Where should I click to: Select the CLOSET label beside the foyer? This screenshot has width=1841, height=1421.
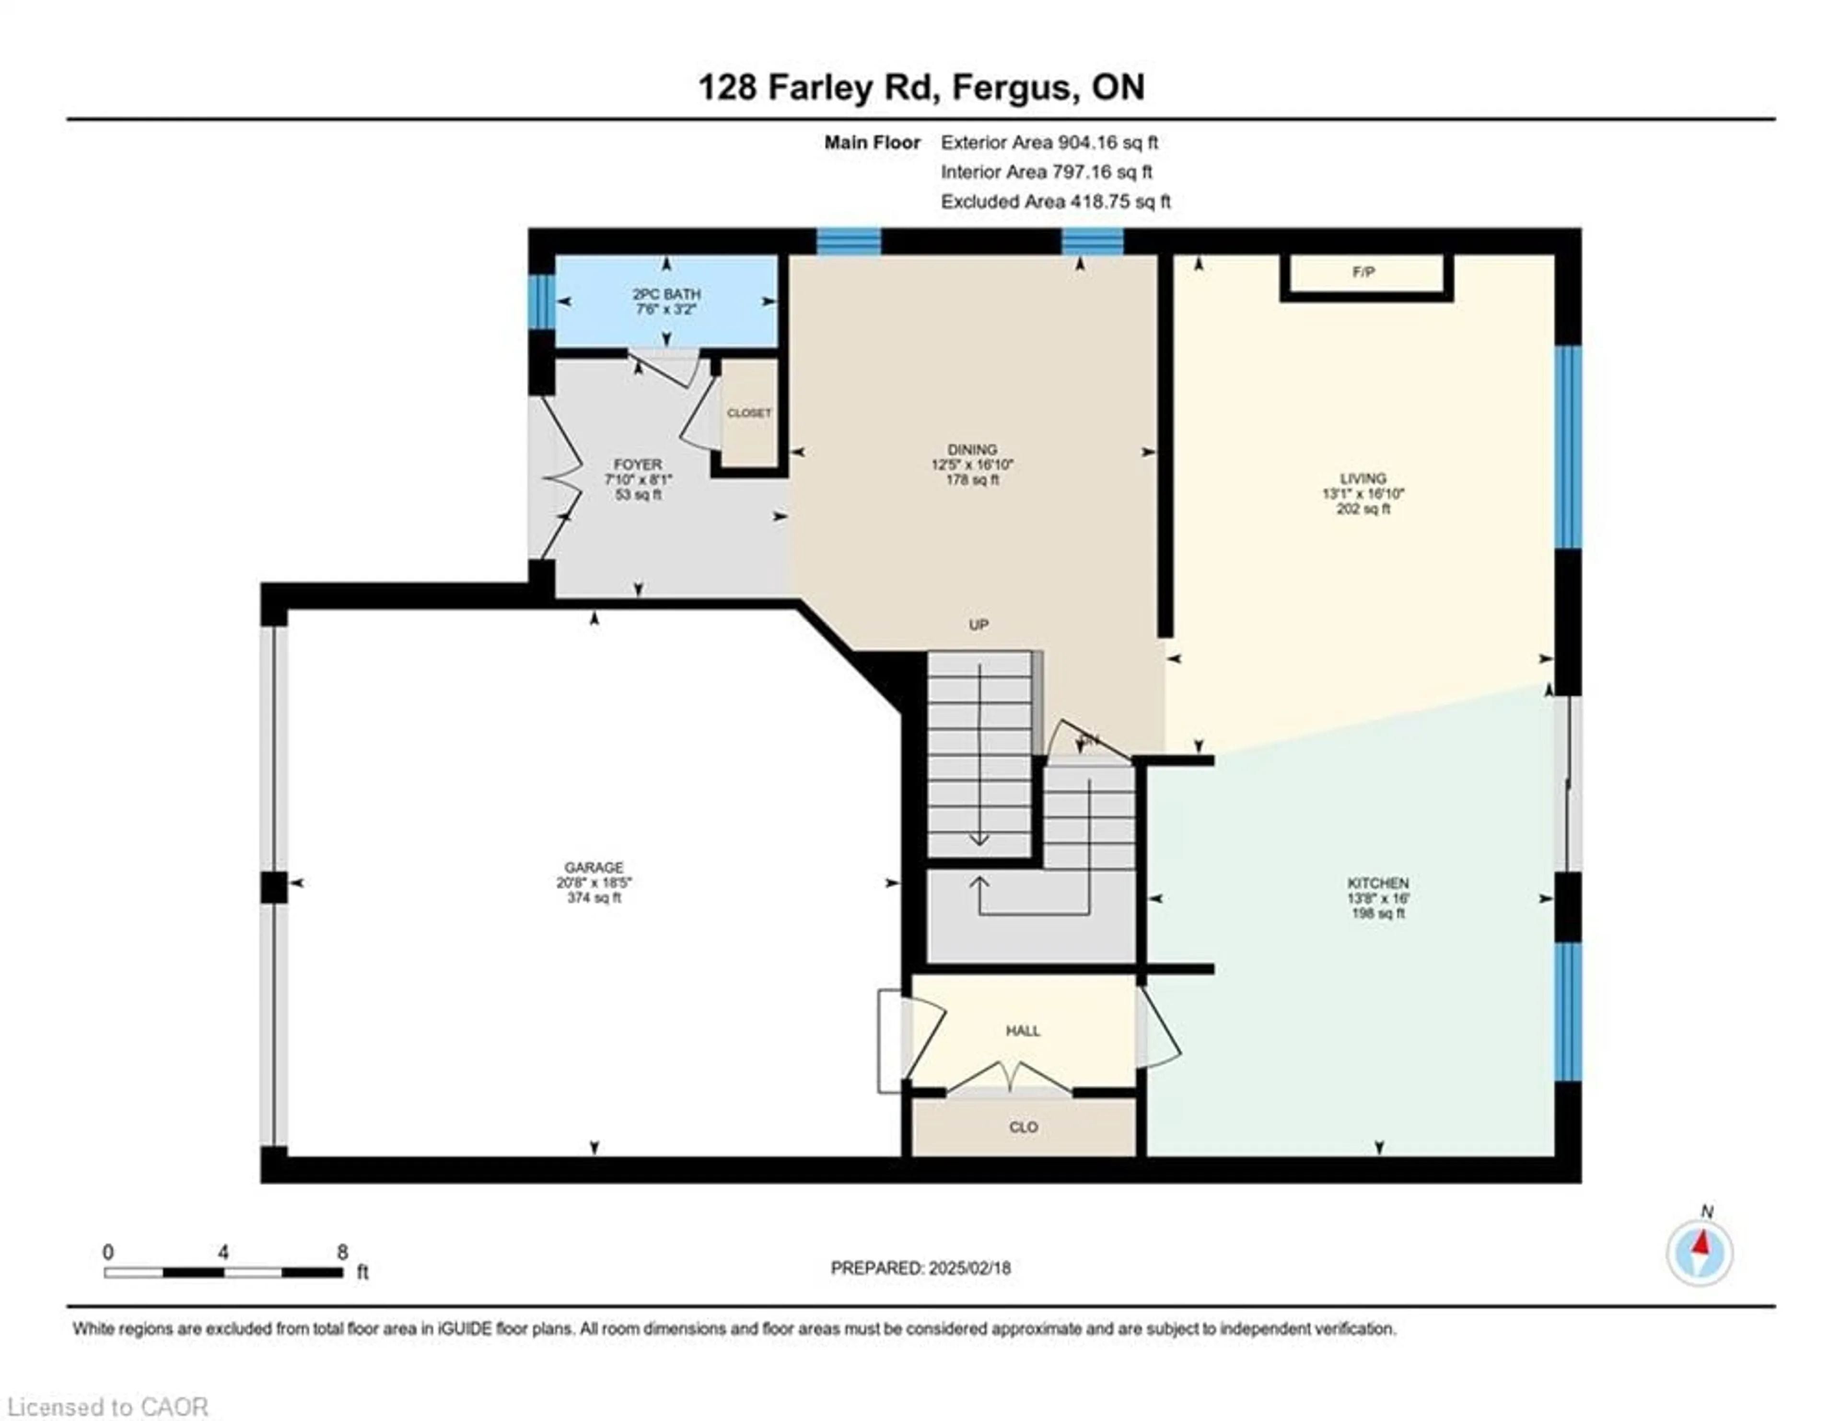(748, 413)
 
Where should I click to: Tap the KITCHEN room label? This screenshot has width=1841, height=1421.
(1377, 883)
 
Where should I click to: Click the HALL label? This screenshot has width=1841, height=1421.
(1023, 1031)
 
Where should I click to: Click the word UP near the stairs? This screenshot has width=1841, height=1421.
(978, 625)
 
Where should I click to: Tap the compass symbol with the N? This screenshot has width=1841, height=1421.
(1700, 1252)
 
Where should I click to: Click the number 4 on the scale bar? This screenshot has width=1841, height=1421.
(222, 1252)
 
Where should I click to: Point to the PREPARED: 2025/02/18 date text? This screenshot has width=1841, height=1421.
(920, 1268)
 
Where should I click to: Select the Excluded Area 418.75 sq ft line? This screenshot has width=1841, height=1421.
(1055, 201)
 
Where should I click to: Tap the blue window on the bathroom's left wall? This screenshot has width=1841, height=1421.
(540, 301)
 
